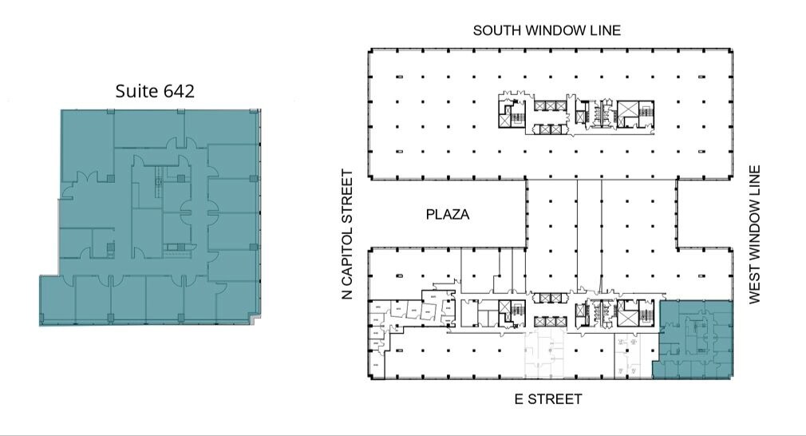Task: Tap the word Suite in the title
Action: point(136,91)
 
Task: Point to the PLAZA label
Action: point(447,214)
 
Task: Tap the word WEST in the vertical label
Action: point(754,283)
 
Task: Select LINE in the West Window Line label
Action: point(754,180)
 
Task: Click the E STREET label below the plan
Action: point(548,398)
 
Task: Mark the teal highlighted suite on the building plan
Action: point(693,339)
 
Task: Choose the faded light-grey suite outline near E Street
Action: point(543,355)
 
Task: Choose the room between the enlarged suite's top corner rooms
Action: point(149,128)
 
